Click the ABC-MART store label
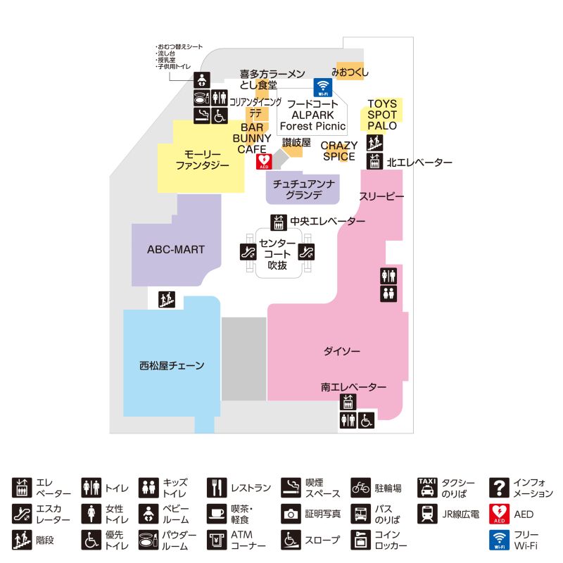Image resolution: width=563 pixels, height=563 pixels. click(175, 249)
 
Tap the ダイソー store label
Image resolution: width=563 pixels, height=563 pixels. click(341, 350)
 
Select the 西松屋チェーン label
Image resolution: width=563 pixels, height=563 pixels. click(172, 365)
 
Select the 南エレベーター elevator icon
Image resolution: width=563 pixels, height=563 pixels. click(348, 403)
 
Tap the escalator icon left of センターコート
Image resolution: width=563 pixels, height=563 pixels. click(248, 251)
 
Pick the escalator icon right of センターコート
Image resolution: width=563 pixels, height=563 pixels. click(306, 251)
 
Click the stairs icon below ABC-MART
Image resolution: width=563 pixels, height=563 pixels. click(166, 299)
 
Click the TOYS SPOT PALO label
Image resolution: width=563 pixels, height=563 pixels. click(382, 115)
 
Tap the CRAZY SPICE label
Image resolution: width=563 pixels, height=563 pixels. click(339, 151)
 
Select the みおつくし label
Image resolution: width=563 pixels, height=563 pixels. click(350, 72)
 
